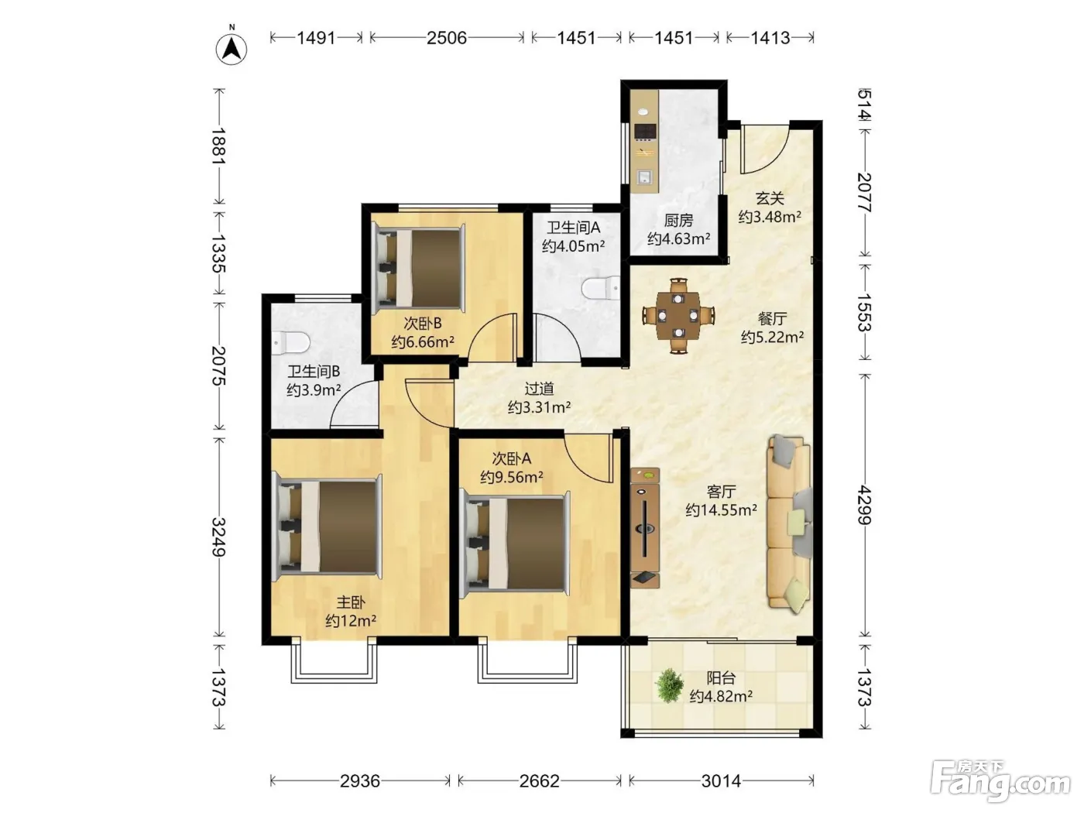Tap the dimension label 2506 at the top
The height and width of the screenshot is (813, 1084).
tap(447, 37)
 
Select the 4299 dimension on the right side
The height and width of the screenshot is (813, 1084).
tap(865, 504)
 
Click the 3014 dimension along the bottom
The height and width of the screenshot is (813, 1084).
tap(721, 780)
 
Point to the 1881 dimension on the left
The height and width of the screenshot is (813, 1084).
tap(219, 146)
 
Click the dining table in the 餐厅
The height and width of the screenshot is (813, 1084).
tap(678, 315)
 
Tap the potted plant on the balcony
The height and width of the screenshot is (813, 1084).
tap(670, 685)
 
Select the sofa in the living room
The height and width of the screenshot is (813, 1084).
tap(789, 524)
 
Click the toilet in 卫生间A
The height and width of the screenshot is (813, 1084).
tap(601, 287)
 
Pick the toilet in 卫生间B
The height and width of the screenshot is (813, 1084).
tap(290, 342)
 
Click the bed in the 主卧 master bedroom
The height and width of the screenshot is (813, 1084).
tap(327, 527)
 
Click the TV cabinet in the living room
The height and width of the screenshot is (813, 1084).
tap(645, 528)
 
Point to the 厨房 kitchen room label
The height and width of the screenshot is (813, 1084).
tap(678, 220)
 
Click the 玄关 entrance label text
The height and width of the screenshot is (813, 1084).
tap(770, 198)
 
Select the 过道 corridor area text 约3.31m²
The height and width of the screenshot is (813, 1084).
tap(539, 407)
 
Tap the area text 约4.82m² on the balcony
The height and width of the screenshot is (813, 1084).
tap(721, 696)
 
